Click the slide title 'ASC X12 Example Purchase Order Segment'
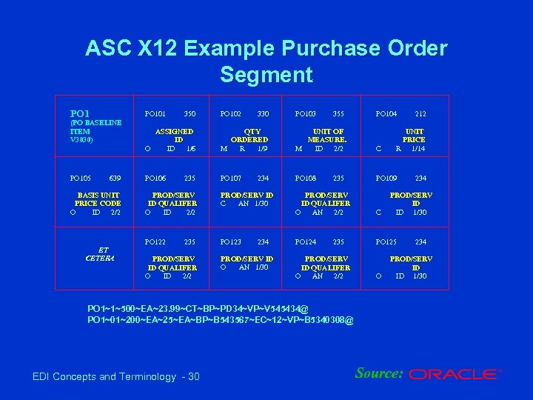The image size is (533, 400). [266, 61]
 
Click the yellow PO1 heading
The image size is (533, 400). [80, 114]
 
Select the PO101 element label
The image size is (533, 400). [155, 114]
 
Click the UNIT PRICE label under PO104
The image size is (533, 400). [413, 136]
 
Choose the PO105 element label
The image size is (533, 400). [80, 179]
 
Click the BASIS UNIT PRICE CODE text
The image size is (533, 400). [98, 199]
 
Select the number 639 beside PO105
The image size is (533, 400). [115, 179]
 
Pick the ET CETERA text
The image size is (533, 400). [99, 254]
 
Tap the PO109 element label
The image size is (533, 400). [386, 179]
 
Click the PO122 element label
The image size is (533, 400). [155, 242]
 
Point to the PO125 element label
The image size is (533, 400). [386, 242]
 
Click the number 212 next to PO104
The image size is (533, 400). [420, 114]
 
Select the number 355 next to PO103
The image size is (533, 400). [338, 114]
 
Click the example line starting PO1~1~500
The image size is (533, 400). [198, 308]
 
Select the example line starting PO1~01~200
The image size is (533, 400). [220, 320]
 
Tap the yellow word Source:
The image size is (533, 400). [379, 373]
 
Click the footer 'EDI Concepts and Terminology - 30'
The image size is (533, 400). [116, 377]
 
